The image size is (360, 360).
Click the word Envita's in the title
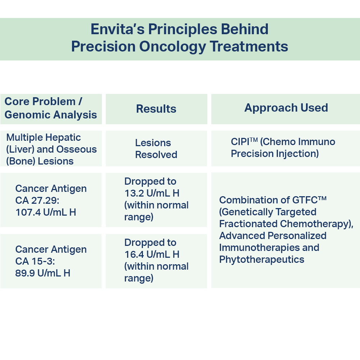tap(118, 29)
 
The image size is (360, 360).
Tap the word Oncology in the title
tap(172, 46)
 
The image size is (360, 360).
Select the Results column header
tap(156, 109)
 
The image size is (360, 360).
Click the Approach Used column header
tap(286, 108)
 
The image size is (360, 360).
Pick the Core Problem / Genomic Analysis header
tap(51, 108)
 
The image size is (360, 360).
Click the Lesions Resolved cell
tap(156, 149)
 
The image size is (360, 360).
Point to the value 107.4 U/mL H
tap(46, 212)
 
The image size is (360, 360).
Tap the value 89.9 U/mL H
tap(43, 273)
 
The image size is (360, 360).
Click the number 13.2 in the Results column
tap(134, 193)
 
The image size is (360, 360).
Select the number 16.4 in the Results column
tap(134, 255)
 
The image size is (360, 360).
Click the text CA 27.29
tap(37, 201)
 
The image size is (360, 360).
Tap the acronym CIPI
tap(240, 142)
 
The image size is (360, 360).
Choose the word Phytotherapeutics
tap(262, 260)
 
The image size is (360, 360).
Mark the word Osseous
tap(76, 149)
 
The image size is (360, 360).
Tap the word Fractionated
tap(248, 224)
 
